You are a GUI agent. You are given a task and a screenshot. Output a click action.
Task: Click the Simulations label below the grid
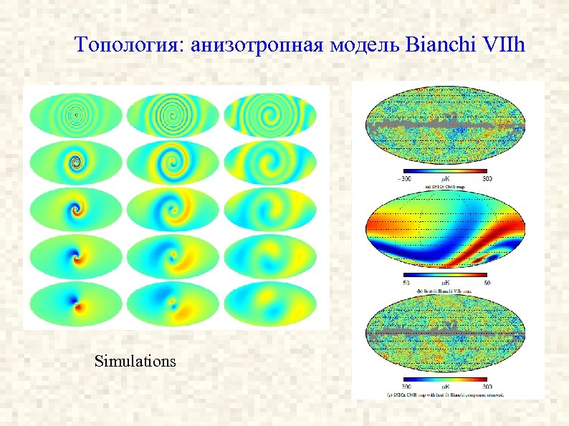(135, 361)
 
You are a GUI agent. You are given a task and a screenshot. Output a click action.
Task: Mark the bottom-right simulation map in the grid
(269, 306)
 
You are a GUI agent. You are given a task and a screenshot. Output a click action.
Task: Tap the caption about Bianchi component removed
(446, 394)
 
